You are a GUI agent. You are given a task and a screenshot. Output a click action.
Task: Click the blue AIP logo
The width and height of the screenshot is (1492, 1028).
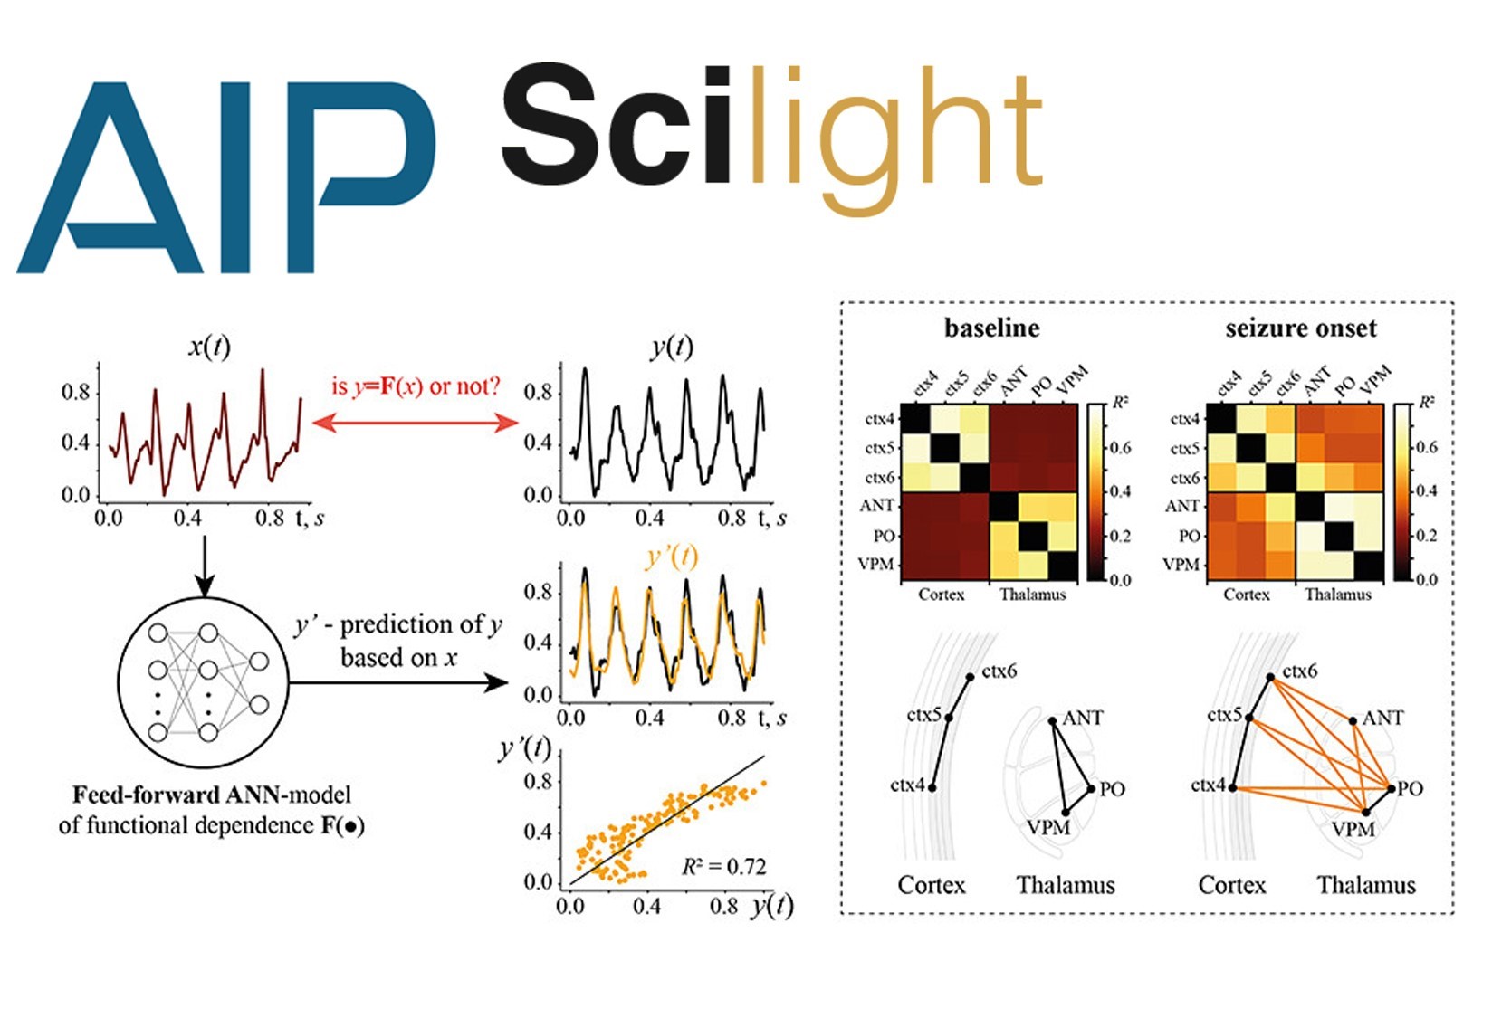226,177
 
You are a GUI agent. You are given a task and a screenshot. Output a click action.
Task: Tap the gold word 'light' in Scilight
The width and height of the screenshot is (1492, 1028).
896,140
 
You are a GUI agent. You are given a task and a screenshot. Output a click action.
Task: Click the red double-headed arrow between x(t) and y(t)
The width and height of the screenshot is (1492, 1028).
415,423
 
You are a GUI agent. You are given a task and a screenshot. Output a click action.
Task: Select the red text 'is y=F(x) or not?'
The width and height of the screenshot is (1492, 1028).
416,386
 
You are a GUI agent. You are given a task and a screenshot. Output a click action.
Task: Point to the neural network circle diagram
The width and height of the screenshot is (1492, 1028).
204,682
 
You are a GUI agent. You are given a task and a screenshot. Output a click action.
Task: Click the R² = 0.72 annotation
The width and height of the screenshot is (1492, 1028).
724,866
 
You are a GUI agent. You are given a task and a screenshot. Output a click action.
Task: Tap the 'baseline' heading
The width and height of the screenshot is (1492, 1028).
991,328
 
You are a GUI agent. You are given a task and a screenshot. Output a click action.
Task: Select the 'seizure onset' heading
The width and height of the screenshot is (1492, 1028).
1301,328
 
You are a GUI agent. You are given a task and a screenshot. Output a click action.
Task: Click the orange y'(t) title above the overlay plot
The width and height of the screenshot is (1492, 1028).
672,557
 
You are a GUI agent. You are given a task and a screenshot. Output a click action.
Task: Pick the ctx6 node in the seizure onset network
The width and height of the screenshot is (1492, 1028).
1270,677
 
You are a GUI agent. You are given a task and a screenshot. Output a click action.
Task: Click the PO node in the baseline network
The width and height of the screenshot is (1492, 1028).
1091,789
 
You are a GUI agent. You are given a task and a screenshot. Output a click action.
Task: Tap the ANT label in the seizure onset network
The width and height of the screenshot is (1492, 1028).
1382,718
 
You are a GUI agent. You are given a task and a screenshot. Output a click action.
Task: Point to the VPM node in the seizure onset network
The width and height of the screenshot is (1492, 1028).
1365,813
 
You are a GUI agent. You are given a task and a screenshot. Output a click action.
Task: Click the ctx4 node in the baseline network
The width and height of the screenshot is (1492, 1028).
932,787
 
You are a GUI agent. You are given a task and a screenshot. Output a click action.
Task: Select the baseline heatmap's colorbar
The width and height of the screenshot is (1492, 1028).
1095,492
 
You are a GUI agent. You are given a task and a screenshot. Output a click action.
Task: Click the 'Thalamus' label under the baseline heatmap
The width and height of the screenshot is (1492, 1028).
1032,595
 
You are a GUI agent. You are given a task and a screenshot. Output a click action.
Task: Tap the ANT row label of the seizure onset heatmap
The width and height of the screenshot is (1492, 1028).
1181,507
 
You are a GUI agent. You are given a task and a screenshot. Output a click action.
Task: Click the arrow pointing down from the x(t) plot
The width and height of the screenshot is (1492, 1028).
205,566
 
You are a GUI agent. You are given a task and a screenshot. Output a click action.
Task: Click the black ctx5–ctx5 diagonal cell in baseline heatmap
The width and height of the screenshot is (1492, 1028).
945,448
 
